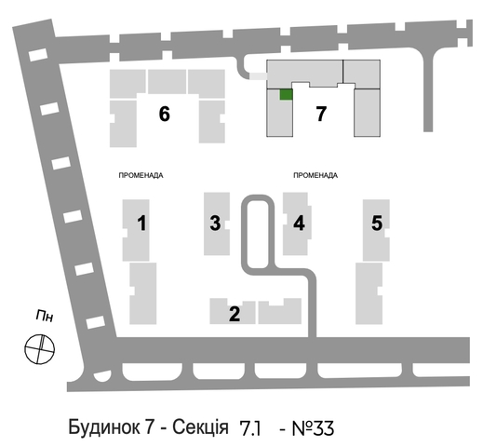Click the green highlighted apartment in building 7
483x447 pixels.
[286, 95]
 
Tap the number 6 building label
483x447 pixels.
[165, 114]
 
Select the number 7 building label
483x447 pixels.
[321, 114]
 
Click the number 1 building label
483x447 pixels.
[141, 223]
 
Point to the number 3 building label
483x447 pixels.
[215, 223]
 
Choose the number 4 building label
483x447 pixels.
[299, 223]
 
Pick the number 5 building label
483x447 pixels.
[377, 223]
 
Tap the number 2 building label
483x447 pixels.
[235, 314]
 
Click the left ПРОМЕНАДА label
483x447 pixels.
[141, 175]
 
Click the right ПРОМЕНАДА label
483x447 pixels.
[315, 175]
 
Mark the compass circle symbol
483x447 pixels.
[39, 349]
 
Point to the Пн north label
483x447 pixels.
[45, 317]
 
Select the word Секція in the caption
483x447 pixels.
[200, 427]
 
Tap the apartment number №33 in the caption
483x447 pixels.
[313, 428]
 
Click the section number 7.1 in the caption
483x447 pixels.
[250, 428]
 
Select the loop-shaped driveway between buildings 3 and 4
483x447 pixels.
[258, 198]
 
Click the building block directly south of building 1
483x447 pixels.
[143, 293]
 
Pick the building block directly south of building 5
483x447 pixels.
[369, 293]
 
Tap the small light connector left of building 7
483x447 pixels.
[259, 76]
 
